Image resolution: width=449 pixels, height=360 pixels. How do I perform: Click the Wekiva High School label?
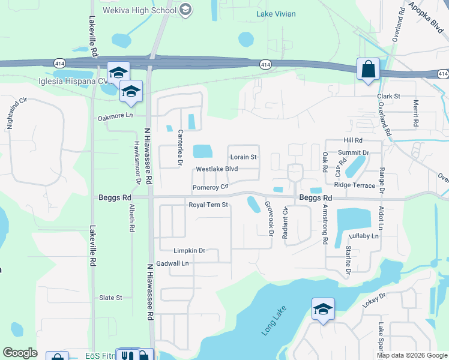click(147, 10)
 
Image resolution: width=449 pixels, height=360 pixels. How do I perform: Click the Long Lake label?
click(276, 321)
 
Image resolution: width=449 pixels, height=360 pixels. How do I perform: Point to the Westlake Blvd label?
click(217, 169)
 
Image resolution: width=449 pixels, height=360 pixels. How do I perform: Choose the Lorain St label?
click(244, 157)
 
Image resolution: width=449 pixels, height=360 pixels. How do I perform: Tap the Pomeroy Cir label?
click(211, 188)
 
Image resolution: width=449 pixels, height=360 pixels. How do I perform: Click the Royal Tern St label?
click(209, 205)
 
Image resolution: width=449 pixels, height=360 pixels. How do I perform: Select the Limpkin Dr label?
click(189, 251)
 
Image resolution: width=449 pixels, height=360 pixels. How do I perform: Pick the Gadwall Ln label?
click(172, 263)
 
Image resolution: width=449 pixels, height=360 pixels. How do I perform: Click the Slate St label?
click(110, 298)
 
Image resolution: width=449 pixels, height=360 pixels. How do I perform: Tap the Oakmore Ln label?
click(115, 118)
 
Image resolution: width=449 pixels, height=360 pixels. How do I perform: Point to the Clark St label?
click(388, 96)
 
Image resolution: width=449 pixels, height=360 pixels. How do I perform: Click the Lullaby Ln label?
click(364, 236)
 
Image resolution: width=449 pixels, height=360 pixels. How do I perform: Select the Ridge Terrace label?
click(355, 185)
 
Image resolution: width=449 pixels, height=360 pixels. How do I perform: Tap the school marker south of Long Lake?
click(323, 310)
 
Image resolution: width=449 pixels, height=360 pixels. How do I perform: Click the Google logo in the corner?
click(20, 353)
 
